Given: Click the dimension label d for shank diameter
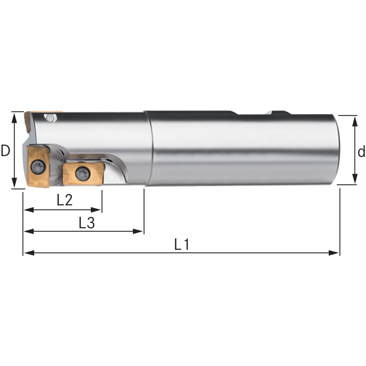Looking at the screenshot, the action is point(362,152).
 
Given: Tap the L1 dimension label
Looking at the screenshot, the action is point(182,244).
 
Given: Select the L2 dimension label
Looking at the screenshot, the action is point(65,200).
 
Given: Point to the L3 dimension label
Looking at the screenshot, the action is point(87,223).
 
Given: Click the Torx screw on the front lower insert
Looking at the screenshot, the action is point(37,167).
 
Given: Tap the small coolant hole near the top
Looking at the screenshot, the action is point(50,117).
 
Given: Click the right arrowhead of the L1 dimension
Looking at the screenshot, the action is point(333,253).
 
